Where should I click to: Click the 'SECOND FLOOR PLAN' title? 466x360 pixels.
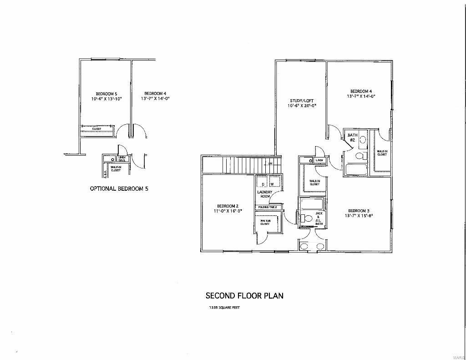coord(244,296)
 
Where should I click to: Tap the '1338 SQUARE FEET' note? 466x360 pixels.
coord(224,308)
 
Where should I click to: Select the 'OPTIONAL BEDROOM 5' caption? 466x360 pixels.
coord(119,188)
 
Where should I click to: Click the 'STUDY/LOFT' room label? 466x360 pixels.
coord(302,101)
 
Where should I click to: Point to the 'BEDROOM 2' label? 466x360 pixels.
coord(228,206)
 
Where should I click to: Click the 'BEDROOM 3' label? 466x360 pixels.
coord(359,211)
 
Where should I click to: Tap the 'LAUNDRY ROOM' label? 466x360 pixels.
coord(265,194)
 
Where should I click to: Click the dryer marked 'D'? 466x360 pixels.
coord(263,184)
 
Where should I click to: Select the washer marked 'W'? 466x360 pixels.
coord(272,184)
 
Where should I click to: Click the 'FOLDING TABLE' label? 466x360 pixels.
coord(268,208)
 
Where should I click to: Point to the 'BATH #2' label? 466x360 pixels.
coord(352,137)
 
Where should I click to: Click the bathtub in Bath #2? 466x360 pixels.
coord(356,170)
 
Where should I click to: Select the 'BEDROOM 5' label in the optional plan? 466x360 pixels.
coord(106,94)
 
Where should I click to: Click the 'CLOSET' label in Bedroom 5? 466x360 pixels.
coord(97,129)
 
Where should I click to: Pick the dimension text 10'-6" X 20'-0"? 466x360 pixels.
coord(302,106)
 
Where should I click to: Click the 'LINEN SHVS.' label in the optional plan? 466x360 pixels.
coord(122,159)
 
